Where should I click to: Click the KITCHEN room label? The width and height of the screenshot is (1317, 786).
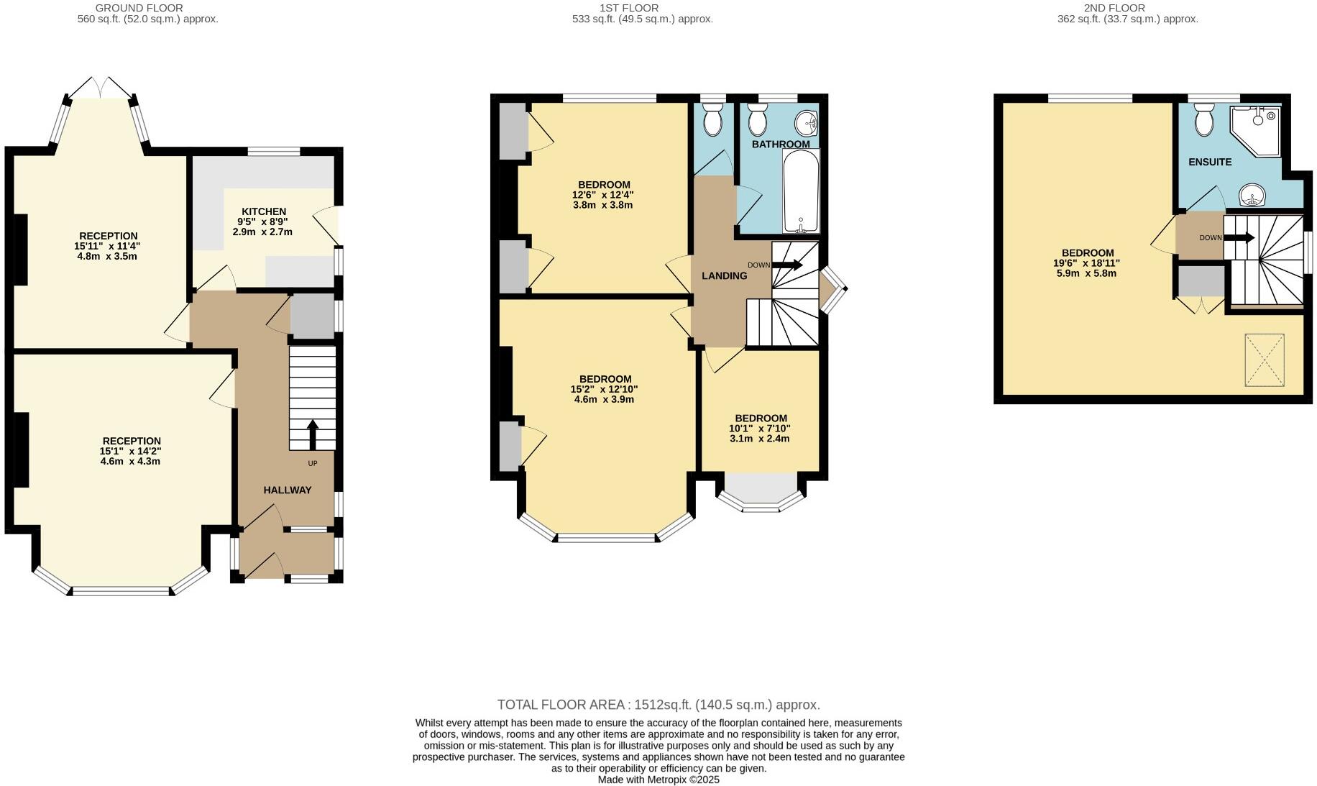pos(263,211)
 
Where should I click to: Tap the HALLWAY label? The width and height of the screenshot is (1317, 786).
pos(287,490)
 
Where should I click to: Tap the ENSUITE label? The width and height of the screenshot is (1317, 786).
pos(1209,162)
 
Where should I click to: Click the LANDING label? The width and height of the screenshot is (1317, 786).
pos(724,275)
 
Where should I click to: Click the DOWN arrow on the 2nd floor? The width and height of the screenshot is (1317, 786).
pos(1240,237)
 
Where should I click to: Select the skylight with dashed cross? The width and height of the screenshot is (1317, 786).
pos(1264,360)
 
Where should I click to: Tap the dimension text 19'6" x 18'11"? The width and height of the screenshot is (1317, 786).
pos(1087,263)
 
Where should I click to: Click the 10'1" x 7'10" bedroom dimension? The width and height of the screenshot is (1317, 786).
pos(760,429)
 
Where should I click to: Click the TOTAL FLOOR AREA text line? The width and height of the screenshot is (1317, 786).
pos(658,705)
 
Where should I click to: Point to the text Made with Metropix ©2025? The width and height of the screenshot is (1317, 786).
pos(658,780)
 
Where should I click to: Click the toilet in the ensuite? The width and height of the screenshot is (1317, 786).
pos(1204,121)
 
